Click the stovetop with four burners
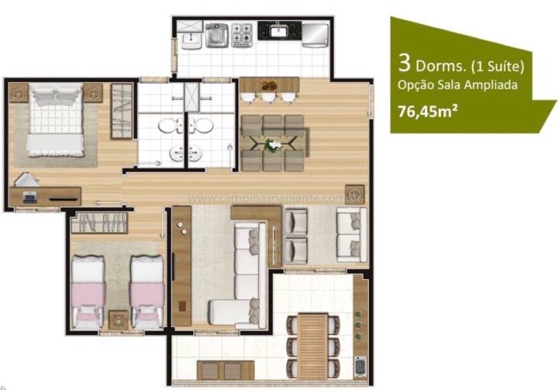(242, 33)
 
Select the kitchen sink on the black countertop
(278, 32)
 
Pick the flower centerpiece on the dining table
(273, 143)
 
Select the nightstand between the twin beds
(118, 319)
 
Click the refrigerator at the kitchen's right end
(314, 34)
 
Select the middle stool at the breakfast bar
(268, 97)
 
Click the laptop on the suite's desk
(30, 198)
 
